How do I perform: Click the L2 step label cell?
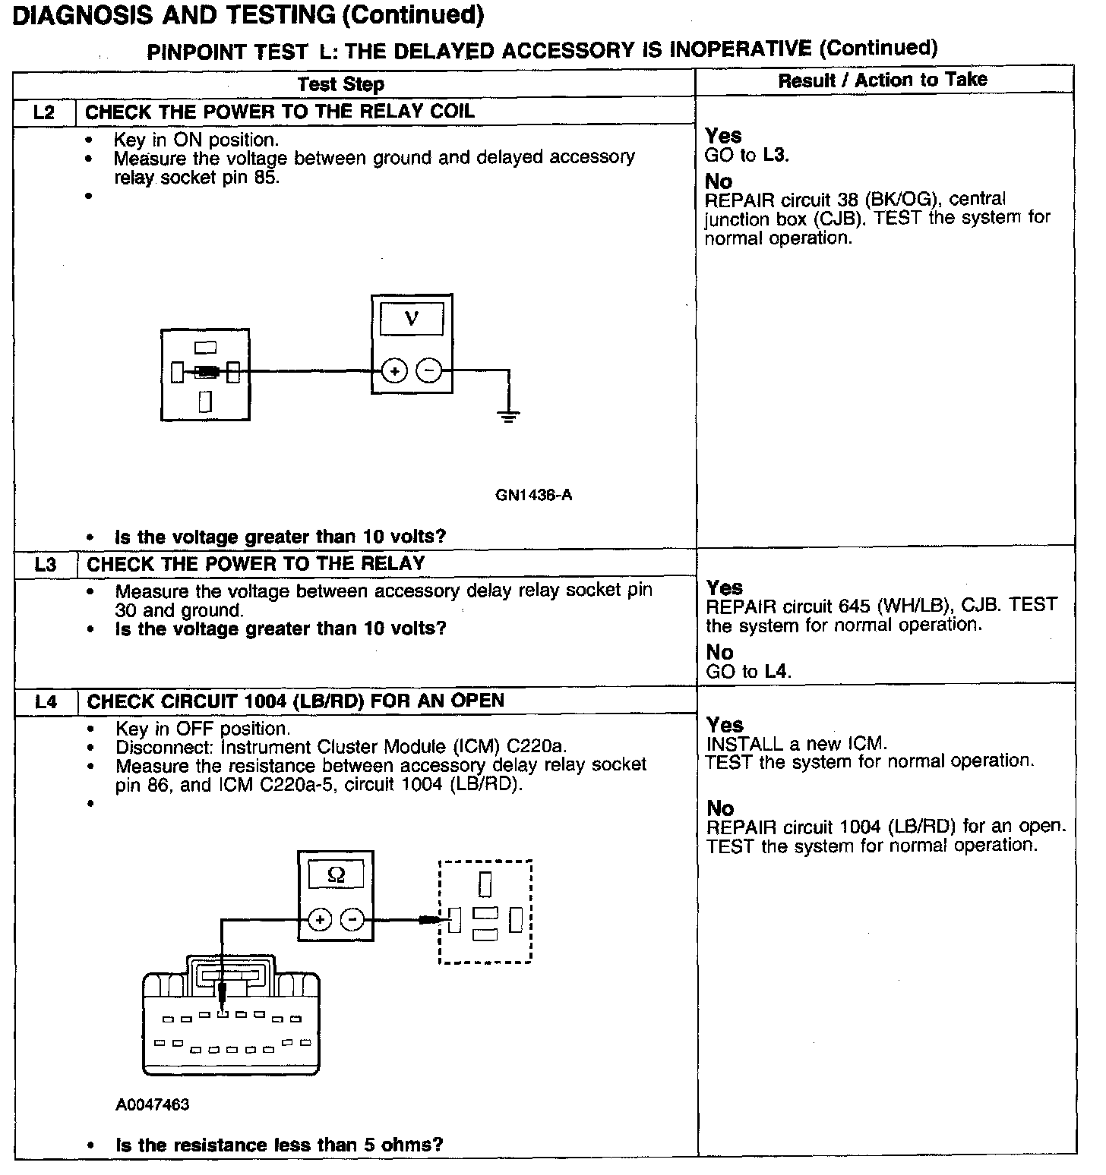click(x=45, y=112)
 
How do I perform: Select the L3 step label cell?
click(x=46, y=565)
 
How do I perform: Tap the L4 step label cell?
click(x=46, y=702)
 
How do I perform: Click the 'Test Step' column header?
click(x=340, y=83)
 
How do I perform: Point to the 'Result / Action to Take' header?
click(x=883, y=80)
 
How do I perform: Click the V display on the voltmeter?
click(x=412, y=319)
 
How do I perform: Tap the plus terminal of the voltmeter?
click(x=394, y=371)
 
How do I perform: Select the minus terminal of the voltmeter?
click(x=428, y=371)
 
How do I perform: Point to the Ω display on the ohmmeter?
click(x=336, y=875)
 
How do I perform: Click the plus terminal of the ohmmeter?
click(x=320, y=920)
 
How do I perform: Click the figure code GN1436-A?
click(x=534, y=496)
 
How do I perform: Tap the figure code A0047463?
click(x=153, y=1104)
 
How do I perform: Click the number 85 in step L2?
click(x=267, y=178)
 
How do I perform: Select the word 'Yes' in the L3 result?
click(x=725, y=587)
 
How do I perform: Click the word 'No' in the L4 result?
click(x=720, y=808)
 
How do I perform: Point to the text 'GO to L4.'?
click(x=749, y=671)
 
